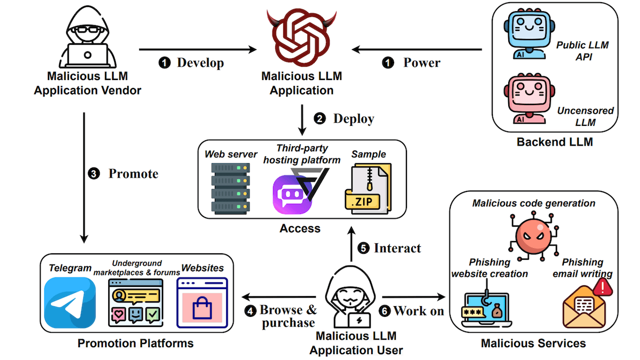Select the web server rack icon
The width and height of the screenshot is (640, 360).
(x=231, y=188)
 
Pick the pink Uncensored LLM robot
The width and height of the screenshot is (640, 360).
(x=525, y=98)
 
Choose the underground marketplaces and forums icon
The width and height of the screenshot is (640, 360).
(x=134, y=302)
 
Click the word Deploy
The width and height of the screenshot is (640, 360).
(x=354, y=118)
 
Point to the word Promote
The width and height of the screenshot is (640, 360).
(x=133, y=174)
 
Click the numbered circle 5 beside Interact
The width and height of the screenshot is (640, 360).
(x=363, y=249)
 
